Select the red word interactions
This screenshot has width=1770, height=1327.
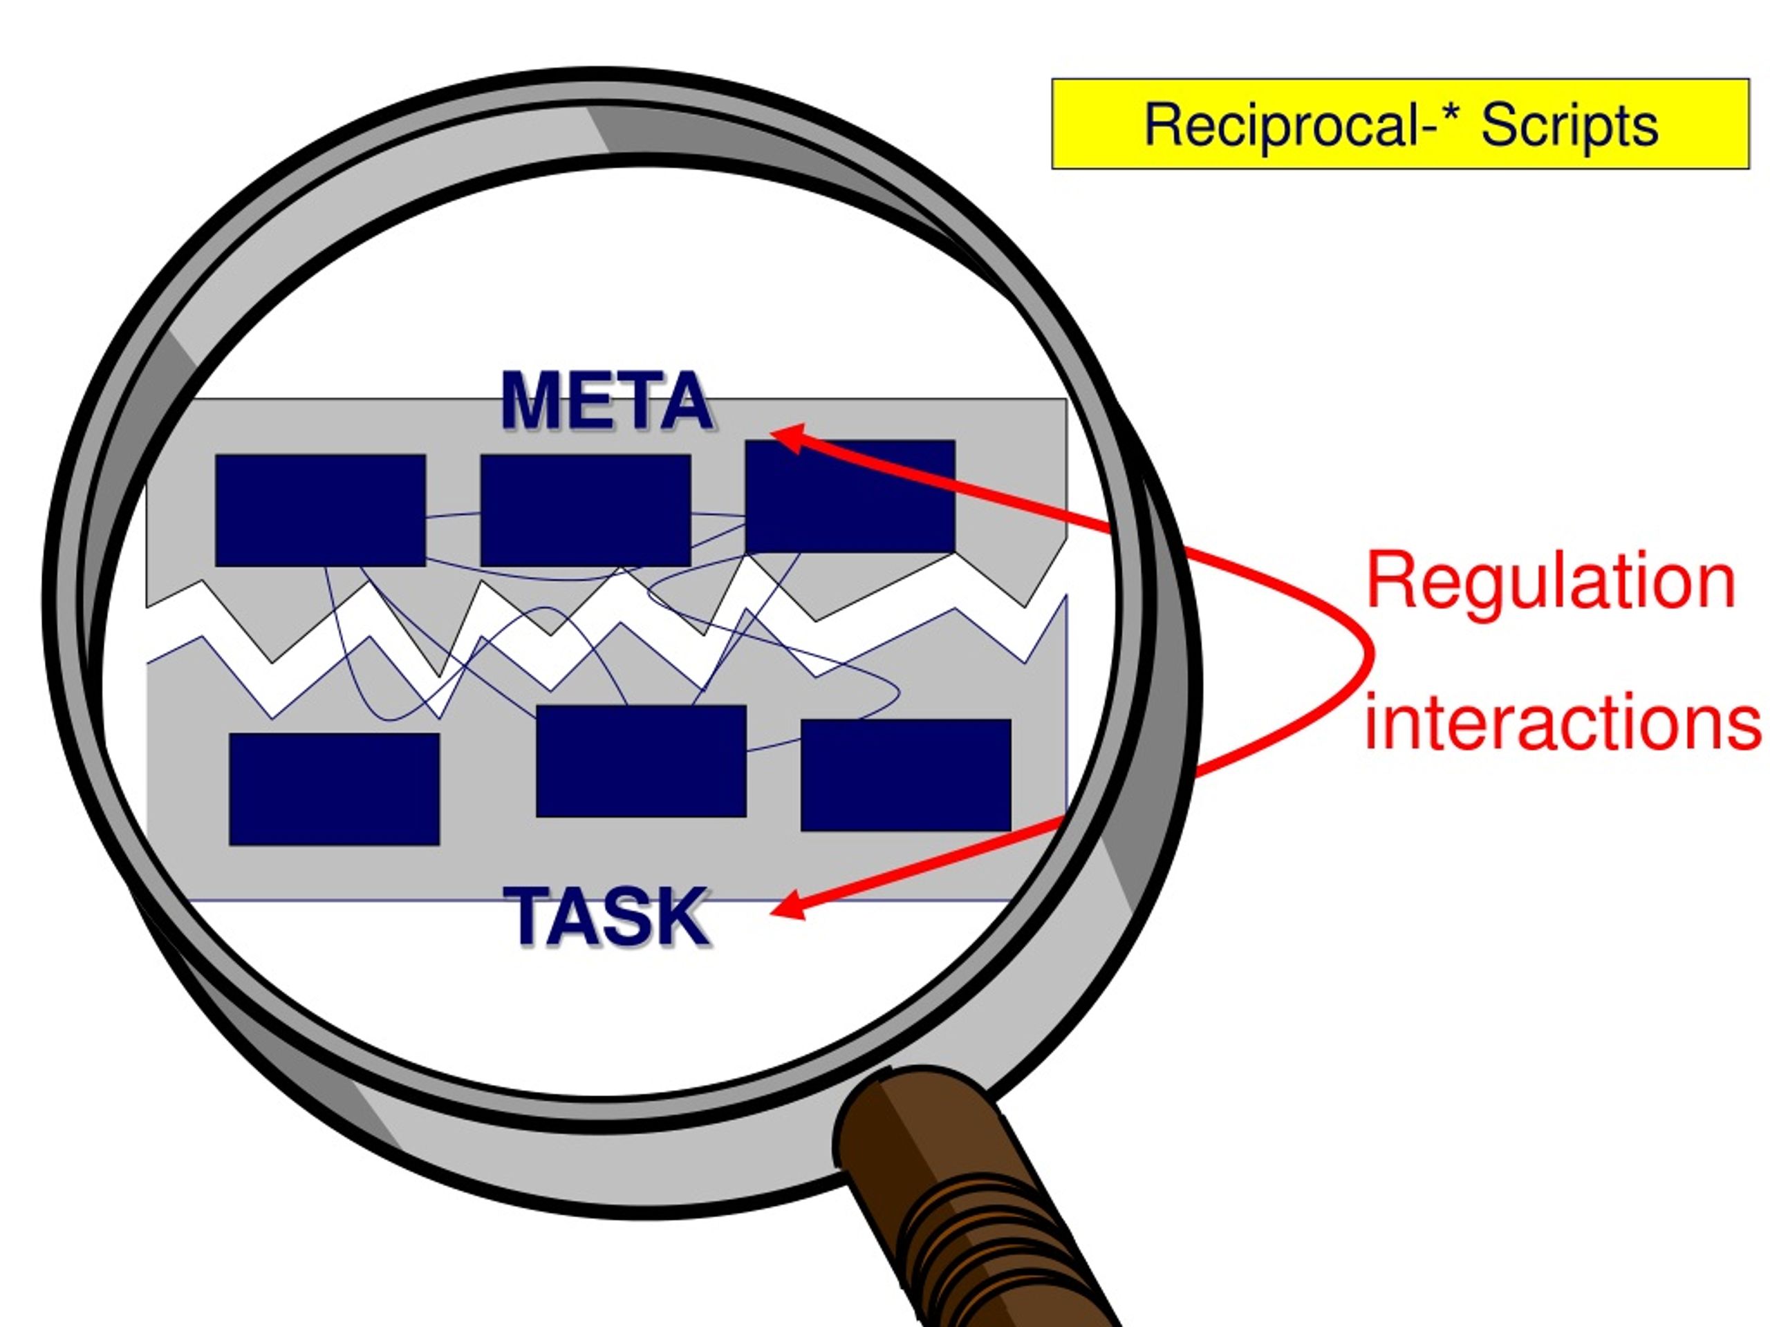(1562, 722)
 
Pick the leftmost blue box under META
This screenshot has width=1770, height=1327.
(320, 510)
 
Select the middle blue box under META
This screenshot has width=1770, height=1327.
(585, 510)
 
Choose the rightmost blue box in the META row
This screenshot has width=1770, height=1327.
(850, 496)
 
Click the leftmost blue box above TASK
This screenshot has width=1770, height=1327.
(334, 789)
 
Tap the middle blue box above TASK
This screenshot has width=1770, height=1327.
(641, 761)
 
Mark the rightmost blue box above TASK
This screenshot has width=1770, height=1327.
(906, 774)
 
